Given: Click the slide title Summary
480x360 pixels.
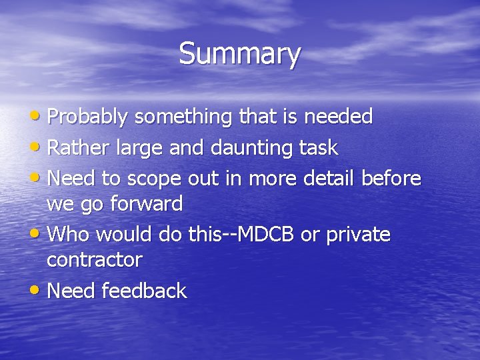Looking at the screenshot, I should pyautogui.click(x=239, y=53).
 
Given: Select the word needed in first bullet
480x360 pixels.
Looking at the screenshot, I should pyautogui.click(x=338, y=117).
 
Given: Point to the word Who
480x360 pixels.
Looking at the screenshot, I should pyautogui.click(x=68, y=235).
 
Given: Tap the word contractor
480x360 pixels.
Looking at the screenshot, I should pyautogui.click(x=94, y=260).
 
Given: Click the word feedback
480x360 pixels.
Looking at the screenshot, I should pyautogui.click(x=144, y=291).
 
